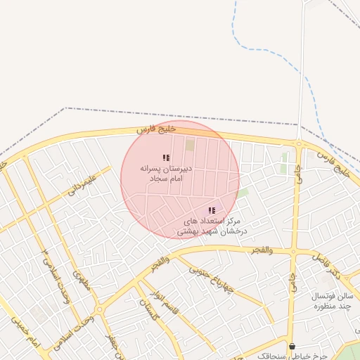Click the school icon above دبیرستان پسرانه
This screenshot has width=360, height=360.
[166, 158]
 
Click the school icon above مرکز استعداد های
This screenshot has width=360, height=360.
[212, 210]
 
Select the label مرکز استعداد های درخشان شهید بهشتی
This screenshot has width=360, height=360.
[211, 225]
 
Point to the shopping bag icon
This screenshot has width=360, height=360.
[292, 346]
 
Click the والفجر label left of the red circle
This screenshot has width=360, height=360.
[160, 263]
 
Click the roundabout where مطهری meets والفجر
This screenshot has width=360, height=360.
[98, 309]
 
